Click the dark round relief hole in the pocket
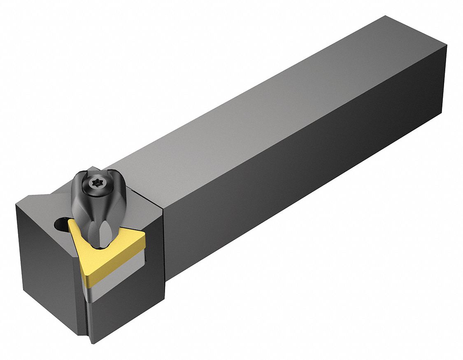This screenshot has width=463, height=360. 60,224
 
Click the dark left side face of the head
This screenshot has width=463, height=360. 45,268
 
